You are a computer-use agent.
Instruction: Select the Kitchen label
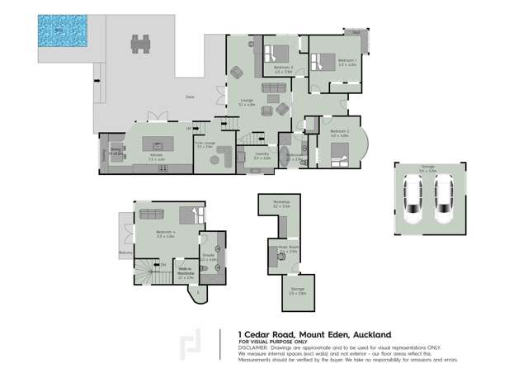(x=155, y=155)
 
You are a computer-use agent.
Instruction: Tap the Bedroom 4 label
(x=166, y=234)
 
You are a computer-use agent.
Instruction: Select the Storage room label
(x=298, y=289)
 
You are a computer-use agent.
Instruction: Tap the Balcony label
(x=125, y=252)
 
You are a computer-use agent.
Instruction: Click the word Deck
(x=189, y=97)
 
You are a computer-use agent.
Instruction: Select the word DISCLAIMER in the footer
(x=253, y=347)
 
